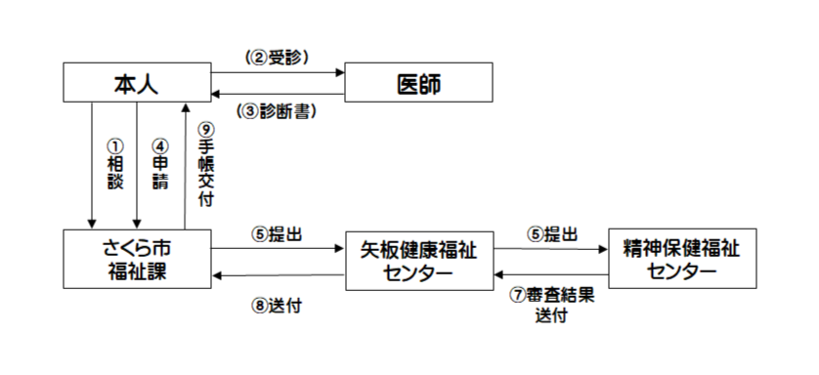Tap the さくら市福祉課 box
(137, 260)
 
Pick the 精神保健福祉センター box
(681, 259)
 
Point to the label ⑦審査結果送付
(552, 305)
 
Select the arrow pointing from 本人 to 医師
(278, 71)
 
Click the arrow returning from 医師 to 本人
(278, 94)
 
